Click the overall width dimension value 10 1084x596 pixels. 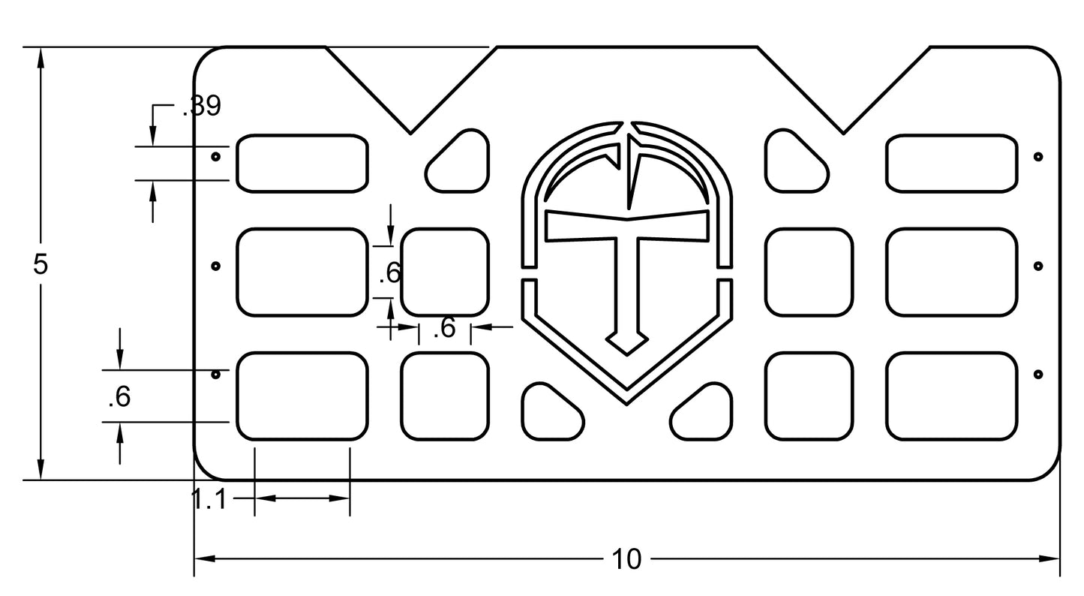(626, 559)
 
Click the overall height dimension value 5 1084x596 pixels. (41, 264)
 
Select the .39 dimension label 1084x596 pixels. (202, 107)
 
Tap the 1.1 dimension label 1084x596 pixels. (209, 499)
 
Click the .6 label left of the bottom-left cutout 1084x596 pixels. (119, 397)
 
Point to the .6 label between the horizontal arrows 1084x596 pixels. (445, 328)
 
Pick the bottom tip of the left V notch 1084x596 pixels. (410, 134)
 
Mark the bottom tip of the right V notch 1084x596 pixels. (843, 134)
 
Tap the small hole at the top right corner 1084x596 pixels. (1038, 157)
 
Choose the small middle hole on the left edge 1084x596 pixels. (216, 266)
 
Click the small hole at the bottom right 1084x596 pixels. (1038, 374)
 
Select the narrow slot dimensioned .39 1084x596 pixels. (303, 163)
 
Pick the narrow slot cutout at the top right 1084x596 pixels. (952, 163)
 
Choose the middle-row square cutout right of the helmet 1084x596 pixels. (809, 272)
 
